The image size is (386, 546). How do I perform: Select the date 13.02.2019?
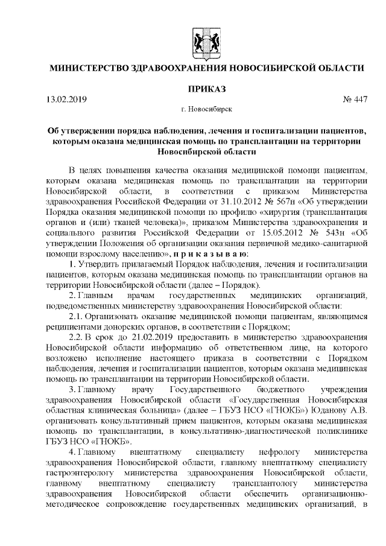(66, 100)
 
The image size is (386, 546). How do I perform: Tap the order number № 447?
(355, 100)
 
